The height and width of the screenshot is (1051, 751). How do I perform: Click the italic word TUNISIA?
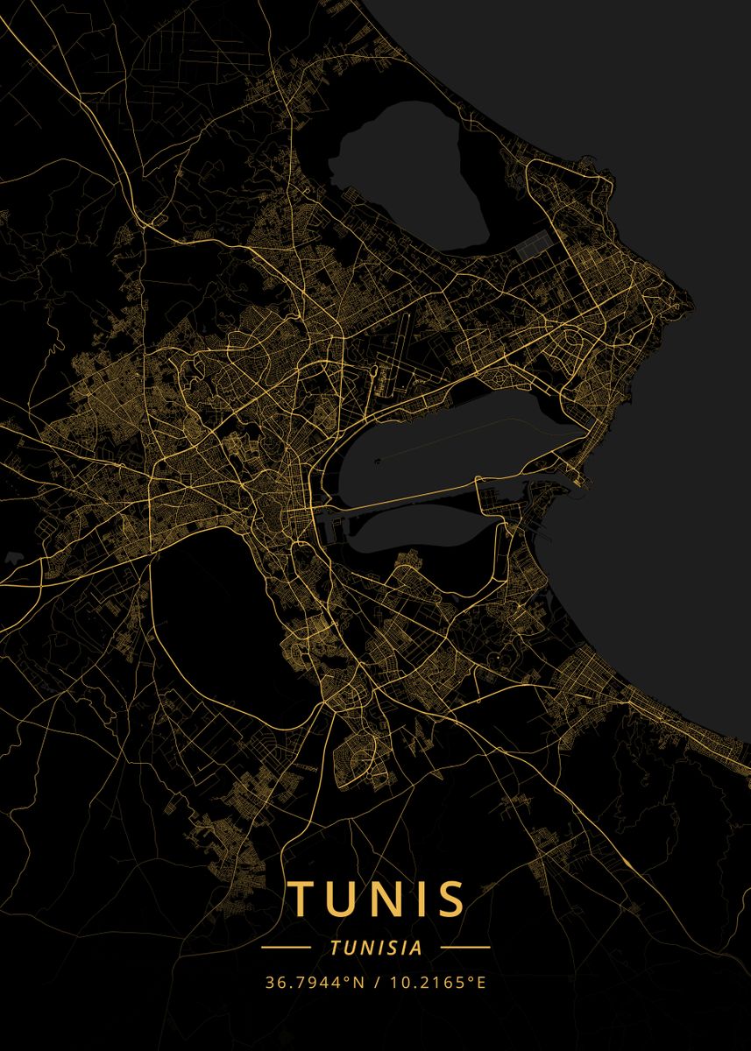tap(376, 948)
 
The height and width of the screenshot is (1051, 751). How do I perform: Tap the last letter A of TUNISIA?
tap(417, 948)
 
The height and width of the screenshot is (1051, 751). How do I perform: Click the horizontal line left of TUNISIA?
tap(287, 948)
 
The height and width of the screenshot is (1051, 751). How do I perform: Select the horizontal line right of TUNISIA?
tap(464, 948)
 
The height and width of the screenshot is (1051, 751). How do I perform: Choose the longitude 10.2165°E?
tap(438, 982)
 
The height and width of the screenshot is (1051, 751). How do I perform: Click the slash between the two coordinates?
tap(376, 982)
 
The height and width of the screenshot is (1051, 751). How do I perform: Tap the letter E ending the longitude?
tap(480, 982)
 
